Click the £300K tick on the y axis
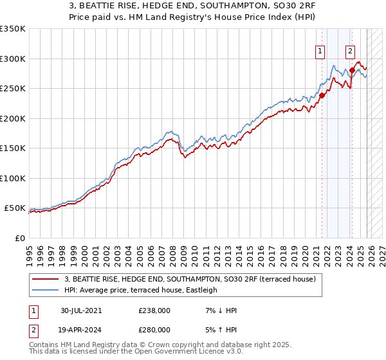[x=13, y=59]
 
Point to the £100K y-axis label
[x=13, y=178]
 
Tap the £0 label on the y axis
[x=19, y=238]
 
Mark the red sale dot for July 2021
[x=322, y=96]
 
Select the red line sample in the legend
[x=46, y=280]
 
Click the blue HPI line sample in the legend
[x=46, y=290]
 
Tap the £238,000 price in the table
[x=154, y=310]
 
